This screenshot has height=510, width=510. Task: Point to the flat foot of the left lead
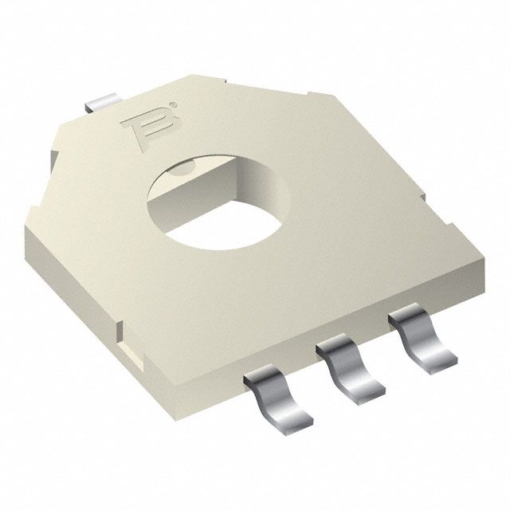pyautogui.click(x=288, y=416)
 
